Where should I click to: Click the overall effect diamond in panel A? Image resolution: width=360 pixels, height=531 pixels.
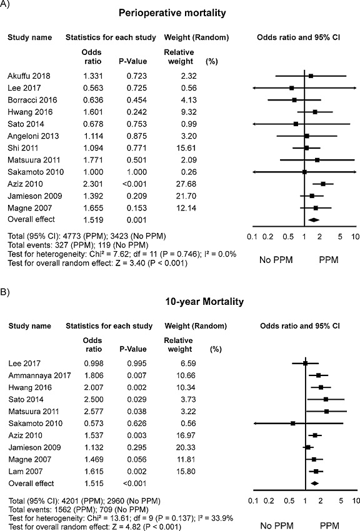coord(314,219)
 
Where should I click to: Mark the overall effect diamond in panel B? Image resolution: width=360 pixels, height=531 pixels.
coord(314,483)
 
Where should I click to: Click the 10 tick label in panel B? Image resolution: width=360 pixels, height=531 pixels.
coord(356,500)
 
